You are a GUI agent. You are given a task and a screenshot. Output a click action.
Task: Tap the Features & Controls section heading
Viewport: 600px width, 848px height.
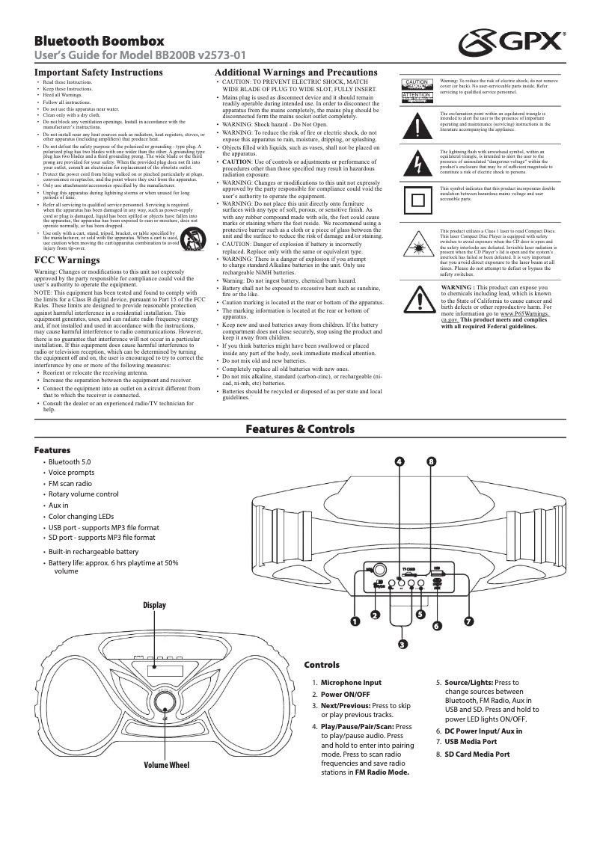pos(299,428)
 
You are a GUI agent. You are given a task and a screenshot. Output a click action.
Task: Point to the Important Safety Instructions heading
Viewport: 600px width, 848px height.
pos(99,73)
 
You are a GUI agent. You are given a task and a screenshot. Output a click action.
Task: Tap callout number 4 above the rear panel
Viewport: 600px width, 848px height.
pos(400,461)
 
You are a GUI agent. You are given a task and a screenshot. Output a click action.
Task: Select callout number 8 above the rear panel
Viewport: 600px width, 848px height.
pos(431,461)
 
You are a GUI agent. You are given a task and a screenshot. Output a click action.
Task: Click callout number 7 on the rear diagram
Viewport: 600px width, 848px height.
pos(468,621)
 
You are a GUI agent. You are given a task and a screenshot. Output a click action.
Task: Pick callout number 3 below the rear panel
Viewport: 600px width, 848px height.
pos(402,644)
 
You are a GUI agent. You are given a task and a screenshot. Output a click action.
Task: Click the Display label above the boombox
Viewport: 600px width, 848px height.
pos(154,604)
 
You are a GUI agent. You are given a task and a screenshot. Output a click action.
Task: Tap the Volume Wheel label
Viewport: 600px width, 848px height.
pos(167,765)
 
